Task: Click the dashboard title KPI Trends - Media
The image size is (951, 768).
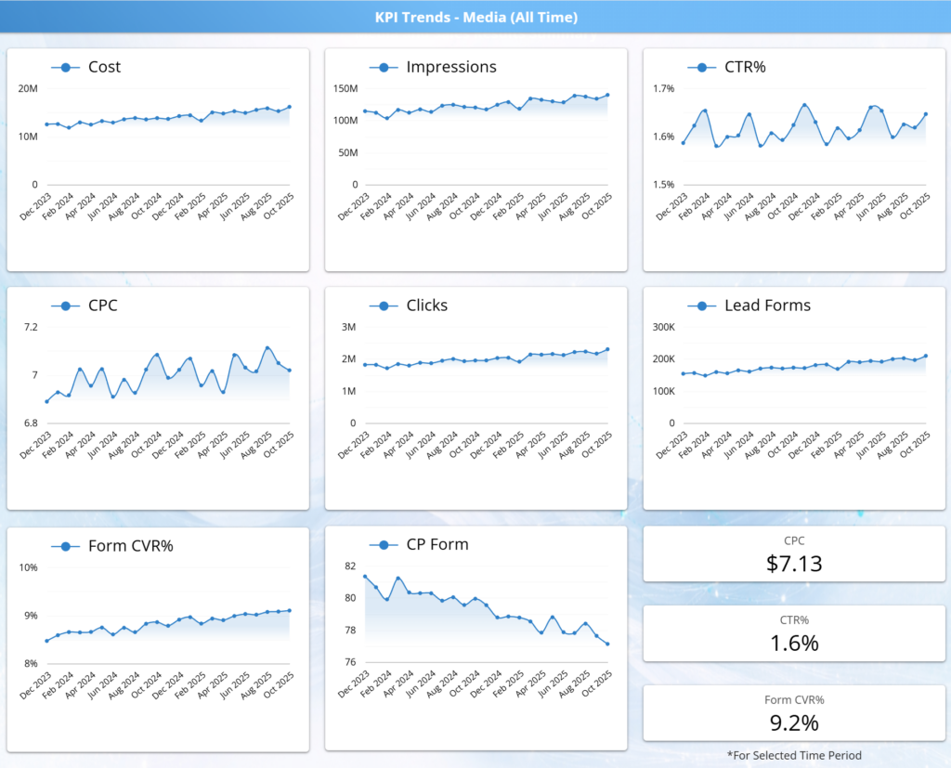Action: [x=476, y=17]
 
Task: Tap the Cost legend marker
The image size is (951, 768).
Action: [x=66, y=68]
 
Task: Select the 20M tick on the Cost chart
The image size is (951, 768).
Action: [x=28, y=88]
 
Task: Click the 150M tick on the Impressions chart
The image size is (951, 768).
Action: [x=345, y=88]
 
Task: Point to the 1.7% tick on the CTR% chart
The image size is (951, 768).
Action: [x=663, y=88]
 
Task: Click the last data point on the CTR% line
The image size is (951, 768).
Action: [x=926, y=114]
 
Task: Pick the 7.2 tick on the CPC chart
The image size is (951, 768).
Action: [x=31, y=327]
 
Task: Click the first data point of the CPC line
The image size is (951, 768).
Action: [x=46, y=401]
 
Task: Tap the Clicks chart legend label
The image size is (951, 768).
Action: [x=427, y=306]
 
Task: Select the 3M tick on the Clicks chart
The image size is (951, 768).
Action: [x=349, y=327]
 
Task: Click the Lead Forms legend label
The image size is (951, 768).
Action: [x=767, y=306]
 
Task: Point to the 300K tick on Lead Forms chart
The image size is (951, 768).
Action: [x=663, y=327]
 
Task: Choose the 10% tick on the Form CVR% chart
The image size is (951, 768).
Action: [x=29, y=567]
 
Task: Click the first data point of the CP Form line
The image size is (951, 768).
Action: [x=365, y=577]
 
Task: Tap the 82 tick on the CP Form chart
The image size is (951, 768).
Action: [x=350, y=566]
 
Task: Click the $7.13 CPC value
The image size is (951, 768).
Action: [x=794, y=564]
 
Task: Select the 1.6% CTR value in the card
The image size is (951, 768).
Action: [x=794, y=643]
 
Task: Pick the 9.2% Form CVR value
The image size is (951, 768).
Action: [x=794, y=723]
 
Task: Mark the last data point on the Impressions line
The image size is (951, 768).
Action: [x=607, y=96]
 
